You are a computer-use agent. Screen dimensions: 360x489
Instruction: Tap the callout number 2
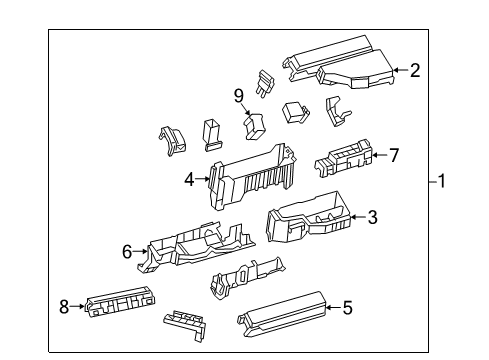coord(414,70)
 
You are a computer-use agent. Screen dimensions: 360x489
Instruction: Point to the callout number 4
coord(188,180)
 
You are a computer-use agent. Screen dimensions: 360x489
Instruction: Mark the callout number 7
coord(394,155)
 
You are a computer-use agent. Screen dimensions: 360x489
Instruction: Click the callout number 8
coord(64,307)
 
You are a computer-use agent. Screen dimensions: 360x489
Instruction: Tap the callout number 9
coord(239,96)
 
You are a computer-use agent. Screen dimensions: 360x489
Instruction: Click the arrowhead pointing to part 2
coord(393,70)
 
